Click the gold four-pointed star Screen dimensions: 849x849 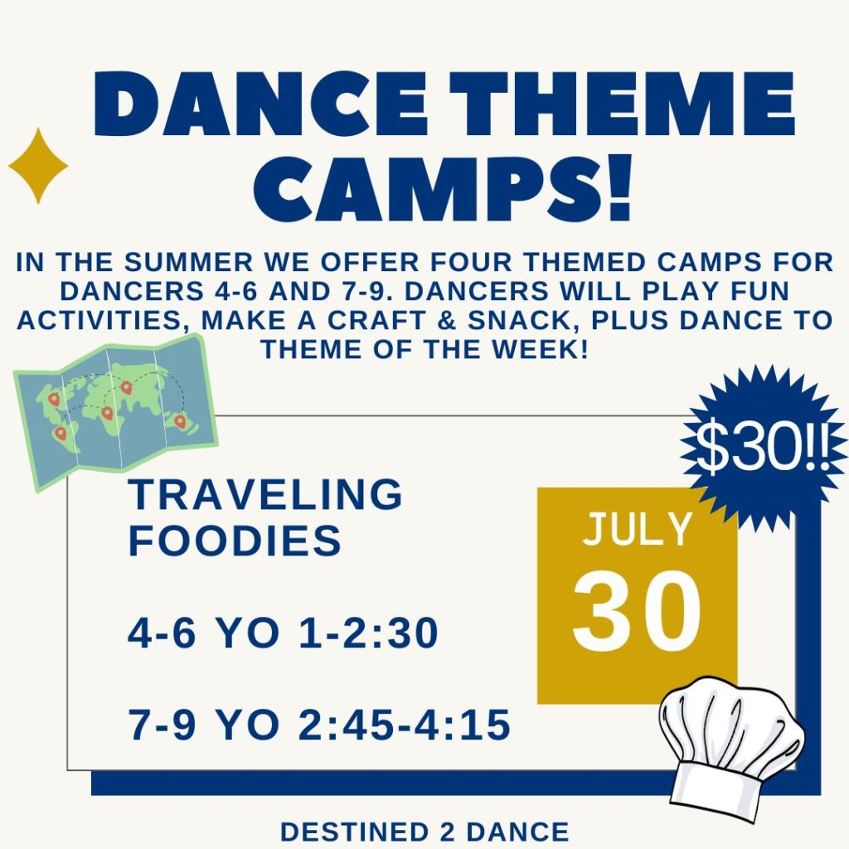tap(38, 166)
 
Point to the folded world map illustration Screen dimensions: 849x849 tap(115, 412)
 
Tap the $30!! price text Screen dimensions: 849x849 tap(762, 447)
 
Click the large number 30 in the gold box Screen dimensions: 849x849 tap(637, 611)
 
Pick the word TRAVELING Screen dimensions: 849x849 tap(265, 494)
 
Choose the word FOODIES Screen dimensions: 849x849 tap(235, 540)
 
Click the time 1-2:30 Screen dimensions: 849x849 tap(368, 633)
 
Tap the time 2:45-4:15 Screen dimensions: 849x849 tap(405, 725)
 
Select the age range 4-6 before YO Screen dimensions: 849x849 tap(162, 633)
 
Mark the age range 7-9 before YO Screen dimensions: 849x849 tap(162, 725)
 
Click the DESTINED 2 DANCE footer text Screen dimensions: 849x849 tap(424, 832)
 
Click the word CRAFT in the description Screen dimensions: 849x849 tap(378, 320)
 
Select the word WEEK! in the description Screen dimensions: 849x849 tap(541, 349)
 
